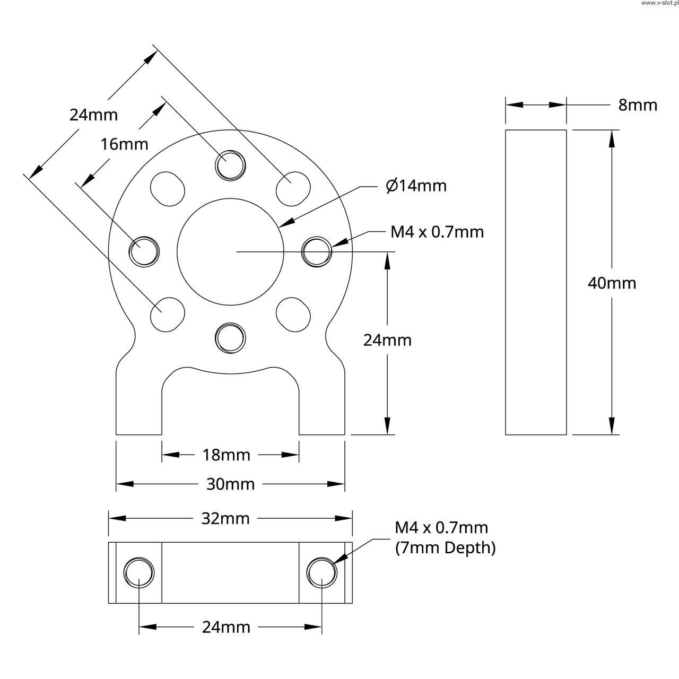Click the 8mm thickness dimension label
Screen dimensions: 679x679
click(x=637, y=105)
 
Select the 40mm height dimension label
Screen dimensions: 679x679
click(x=612, y=283)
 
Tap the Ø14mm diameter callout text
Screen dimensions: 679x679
click(x=416, y=186)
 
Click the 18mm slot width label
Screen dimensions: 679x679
click(x=226, y=455)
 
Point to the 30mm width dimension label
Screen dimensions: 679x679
click(x=230, y=484)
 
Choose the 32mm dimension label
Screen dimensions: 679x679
click(x=225, y=518)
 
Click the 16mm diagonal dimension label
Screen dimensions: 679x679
click(x=125, y=144)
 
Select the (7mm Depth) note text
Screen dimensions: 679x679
click(x=445, y=547)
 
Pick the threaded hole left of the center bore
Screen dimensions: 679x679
click(x=144, y=251)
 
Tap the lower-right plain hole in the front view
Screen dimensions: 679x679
click(x=293, y=314)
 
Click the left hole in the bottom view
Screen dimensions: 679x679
click(x=139, y=573)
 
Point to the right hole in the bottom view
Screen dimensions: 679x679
click(x=322, y=573)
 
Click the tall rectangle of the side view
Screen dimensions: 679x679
click(x=536, y=282)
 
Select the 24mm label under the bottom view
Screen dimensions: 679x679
click(x=226, y=628)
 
